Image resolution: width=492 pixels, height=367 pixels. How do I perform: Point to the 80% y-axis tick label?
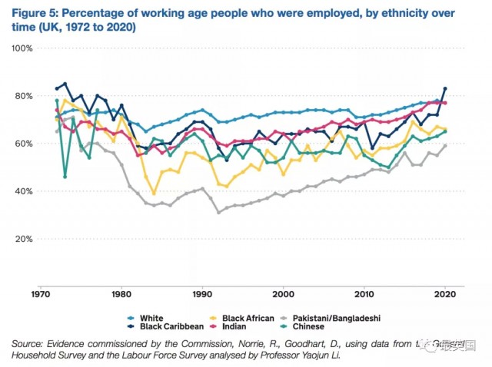click(23, 96)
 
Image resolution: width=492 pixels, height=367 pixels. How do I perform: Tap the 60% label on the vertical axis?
click(23, 144)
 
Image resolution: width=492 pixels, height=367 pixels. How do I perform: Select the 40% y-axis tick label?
click(23, 191)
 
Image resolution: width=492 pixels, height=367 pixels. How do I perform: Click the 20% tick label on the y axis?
click(23, 239)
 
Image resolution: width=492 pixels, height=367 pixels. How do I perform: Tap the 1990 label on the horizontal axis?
click(202, 293)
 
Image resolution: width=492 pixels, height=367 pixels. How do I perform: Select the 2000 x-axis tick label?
click(284, 293)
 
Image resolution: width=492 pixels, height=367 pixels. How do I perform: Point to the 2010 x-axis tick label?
click(365, 293)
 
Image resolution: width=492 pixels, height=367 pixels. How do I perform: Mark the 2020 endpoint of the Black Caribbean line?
click(445, 88)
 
